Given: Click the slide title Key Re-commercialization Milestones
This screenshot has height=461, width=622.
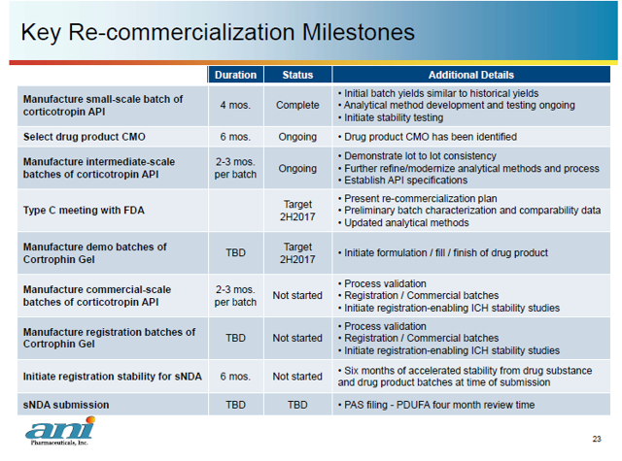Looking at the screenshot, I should tap(218, 32).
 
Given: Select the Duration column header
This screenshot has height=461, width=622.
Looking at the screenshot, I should tap(235, 75).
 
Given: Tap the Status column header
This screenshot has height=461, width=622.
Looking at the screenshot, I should tap(297, 75).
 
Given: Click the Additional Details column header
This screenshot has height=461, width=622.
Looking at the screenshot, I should tap(471, 75).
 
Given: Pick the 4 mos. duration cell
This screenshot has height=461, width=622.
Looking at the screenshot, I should tap(235, 105).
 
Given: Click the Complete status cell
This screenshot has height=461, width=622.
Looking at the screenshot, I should tap(297, 105).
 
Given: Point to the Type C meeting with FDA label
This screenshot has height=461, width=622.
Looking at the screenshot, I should tap(86, 210).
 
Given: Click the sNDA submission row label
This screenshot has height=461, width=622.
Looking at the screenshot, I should tap(66, 404).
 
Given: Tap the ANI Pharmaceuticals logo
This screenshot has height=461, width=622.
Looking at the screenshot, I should tap(60, 431).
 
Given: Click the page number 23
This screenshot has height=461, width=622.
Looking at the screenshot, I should tap(597, 437).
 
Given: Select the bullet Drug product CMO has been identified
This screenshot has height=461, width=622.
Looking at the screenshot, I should tap(427, 137).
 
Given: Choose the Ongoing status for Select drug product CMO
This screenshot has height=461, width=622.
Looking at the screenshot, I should tap(297, 137).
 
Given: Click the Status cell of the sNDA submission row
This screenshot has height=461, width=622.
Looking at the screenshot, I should tap(297, 404).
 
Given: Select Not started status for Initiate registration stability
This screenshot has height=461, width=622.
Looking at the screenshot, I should tap(297, 377).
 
